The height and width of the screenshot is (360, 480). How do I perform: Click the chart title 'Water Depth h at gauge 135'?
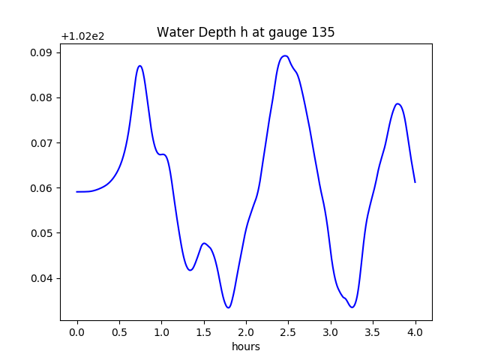pyautogui.click(x=245, y=32)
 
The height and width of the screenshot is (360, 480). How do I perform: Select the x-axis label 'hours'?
pyautogui.click(x=246, y=346)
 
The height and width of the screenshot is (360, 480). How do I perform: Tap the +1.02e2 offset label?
pyautogui.click(x=82, y=37)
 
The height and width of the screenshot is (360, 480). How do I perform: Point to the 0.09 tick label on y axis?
pyautogui.click(x=41, y=52)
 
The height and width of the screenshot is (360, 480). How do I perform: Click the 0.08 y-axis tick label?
pyautogui.click(x=41, y=97)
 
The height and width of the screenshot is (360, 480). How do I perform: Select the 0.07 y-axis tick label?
pyautogui.click(x=41, y=143)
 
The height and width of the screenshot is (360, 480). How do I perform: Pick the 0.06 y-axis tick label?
pyautogui.click(x=41, y=188)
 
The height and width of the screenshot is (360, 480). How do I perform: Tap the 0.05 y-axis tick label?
pyautogui.click(x=41, y=233)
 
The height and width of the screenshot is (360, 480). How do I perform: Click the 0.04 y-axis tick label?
pyautogui.click(x=41, y=278)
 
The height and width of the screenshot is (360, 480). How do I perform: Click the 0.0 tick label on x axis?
pyautogui.click(x=77, y=332)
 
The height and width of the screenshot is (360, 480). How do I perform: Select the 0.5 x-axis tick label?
pyautogui.click(x=119, y=332)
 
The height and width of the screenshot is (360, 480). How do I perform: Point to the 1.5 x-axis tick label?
pyautogui.click(x=204, y=332)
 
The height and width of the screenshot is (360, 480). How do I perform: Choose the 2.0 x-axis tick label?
pyautogui.click(x=246, y=332)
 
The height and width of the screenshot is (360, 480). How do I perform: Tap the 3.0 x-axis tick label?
pyautogui.click(x=331, y=332)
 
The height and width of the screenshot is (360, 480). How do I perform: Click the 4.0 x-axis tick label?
pyautogui.click(x=415, y=332)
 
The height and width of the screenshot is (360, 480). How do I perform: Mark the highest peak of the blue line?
pyautogui.click(x=285, y=55)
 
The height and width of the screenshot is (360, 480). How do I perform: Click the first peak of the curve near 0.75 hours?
pyautogui.click(x=140, y=66)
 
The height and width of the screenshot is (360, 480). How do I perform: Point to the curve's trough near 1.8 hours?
pyautogui.click(x=228, y=307)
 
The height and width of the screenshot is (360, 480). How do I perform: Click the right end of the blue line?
pyautogui.click(x=415, y=182)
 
